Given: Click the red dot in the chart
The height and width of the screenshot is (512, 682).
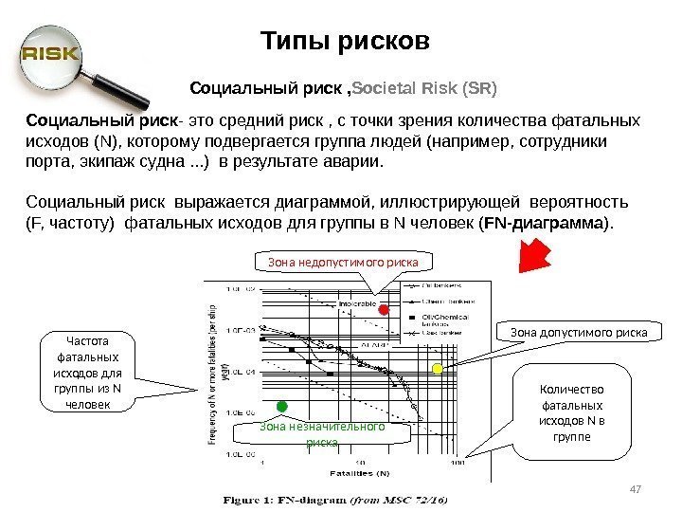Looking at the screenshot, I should point(384,310).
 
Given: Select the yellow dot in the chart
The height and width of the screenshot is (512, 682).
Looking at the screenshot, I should point(438,368).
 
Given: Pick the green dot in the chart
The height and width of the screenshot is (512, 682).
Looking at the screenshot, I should point(281,407).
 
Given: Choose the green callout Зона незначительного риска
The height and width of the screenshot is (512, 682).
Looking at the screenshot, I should point(323,433).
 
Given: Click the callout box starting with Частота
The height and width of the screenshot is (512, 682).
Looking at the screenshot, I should point(91,371).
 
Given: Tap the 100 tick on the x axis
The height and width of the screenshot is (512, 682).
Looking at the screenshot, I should point(458,463).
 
